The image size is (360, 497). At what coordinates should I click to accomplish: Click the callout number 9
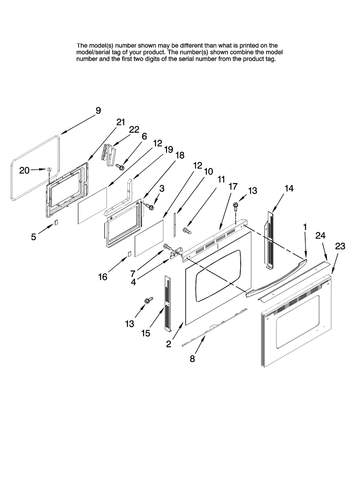98,111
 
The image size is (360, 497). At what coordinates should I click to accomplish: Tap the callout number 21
121,122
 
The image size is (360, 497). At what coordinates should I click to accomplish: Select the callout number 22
134,129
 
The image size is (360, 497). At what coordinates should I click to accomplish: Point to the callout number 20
24,170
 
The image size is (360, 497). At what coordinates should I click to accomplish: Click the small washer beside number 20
49,169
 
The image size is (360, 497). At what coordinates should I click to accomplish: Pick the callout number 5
34,237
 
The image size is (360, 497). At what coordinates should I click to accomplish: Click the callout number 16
103,276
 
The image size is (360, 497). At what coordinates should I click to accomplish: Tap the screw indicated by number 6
121,166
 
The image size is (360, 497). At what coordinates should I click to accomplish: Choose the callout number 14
289,188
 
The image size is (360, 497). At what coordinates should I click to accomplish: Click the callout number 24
321,236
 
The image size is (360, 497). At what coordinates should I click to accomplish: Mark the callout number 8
192,359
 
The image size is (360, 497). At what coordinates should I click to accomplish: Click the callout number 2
169,344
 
